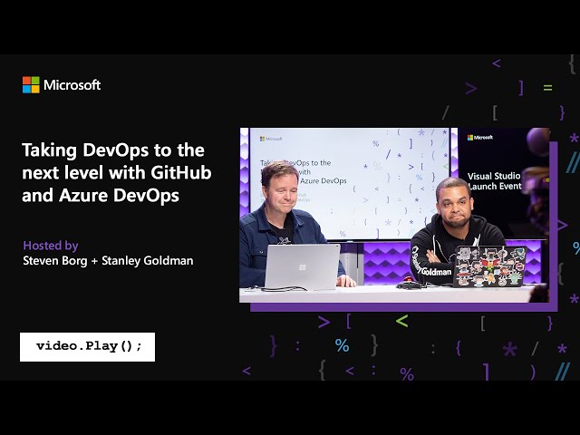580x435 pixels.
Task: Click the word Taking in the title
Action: point(49,150)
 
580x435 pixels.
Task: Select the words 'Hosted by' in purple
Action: point(51,245)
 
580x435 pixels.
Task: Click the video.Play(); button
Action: point(88,346)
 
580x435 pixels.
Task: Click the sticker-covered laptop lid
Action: point(490,266)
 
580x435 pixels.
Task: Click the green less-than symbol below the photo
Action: point(401,321)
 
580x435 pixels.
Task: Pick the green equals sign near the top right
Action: point(547,88)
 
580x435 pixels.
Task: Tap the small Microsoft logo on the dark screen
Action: point(480,138)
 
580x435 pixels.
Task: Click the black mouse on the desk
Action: point(409,285)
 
